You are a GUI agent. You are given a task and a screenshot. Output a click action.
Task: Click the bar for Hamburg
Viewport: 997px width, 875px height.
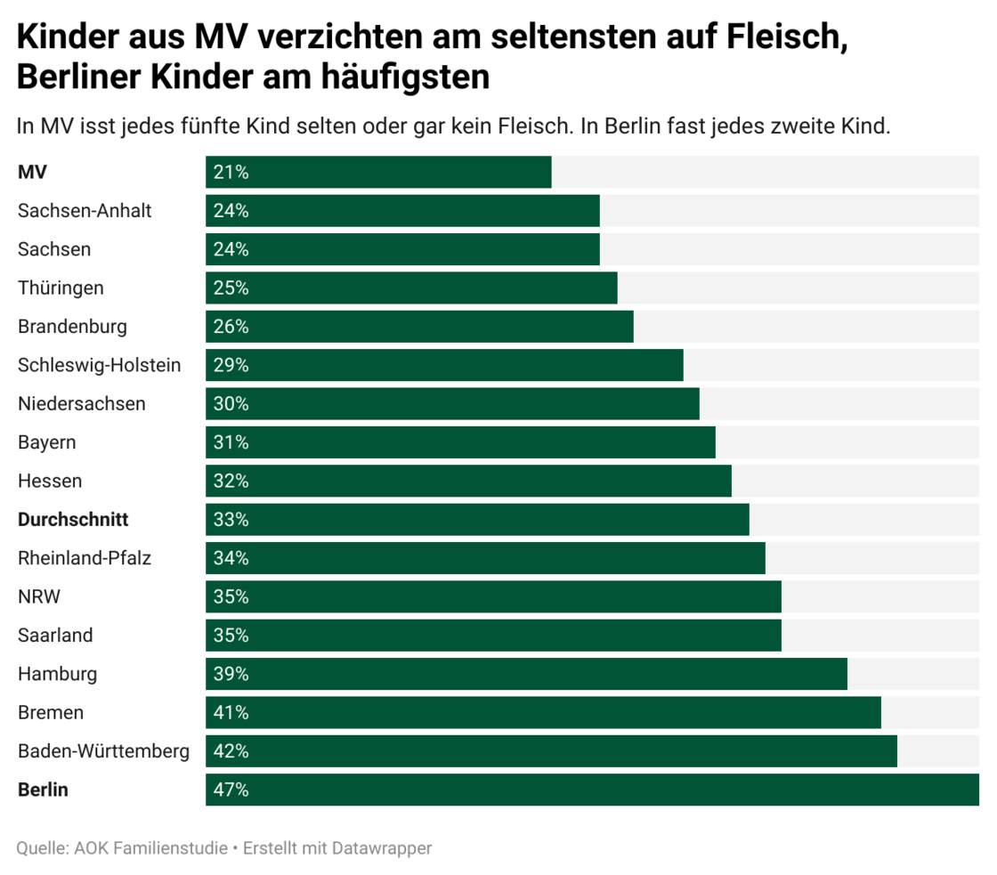[x=526, y=674]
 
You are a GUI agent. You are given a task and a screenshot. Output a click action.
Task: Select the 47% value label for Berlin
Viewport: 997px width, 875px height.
[x=231, y=790]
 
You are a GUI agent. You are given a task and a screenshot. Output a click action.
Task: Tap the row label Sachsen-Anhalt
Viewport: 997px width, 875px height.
[x=85, y=211]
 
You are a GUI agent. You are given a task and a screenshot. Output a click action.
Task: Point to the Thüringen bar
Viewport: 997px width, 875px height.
[x=411, y=288]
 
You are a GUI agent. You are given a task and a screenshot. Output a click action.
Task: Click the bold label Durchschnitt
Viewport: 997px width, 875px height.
[x=73, y=519]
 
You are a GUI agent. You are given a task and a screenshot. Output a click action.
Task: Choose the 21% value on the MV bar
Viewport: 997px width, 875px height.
[x=231, y=173]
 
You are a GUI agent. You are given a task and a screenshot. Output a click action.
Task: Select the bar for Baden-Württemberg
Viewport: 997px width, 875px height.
[x=551, y=751]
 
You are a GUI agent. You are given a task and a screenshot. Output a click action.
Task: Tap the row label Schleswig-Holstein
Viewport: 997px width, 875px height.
[x=99, y=365]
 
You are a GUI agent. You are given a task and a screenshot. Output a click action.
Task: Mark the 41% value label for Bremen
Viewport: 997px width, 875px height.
[x=231, y=712]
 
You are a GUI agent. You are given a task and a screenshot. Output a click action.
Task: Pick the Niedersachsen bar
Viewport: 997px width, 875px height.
[x=452, y=404]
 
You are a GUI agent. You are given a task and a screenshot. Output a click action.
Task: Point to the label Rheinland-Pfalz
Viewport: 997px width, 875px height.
[x=85, y=558]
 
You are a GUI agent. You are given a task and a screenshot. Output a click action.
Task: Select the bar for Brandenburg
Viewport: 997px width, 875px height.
[x=419, y=327]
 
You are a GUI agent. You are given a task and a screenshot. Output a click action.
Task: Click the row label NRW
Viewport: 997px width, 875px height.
[x=39, y=596]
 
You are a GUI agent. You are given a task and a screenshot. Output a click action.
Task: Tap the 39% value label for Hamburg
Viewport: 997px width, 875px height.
[x=231, y=674]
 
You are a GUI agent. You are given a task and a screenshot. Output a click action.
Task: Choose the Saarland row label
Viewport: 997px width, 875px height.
[x=55, y=636]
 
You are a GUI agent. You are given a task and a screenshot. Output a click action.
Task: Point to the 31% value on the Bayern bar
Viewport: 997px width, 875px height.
[x=231, y=442]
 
